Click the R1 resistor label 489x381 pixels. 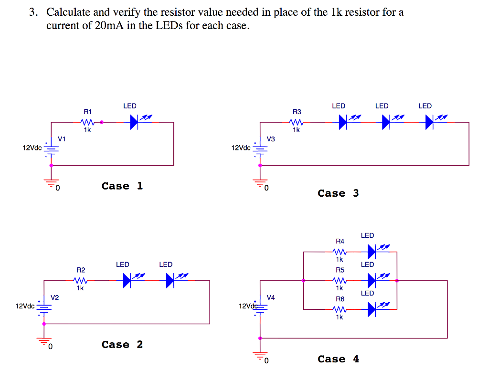(87, 111)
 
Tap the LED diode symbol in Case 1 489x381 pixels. (134, 122)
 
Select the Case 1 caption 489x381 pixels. (122, 186)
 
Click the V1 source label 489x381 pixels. (62, 139)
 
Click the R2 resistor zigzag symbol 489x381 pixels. (80, 281)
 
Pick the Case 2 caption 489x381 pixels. (122, 344)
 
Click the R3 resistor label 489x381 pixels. (297, 111)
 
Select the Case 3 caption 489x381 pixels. (338, 193)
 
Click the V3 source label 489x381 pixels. (271, 139)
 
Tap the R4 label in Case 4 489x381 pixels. (340, 241)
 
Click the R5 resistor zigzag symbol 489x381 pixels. (339, 281)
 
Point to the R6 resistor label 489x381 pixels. (340, 299)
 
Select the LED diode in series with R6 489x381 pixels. (372, 309)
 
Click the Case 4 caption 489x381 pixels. (338, 359)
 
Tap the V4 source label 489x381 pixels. (271, 297)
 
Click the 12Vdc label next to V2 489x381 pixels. (24, 306)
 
